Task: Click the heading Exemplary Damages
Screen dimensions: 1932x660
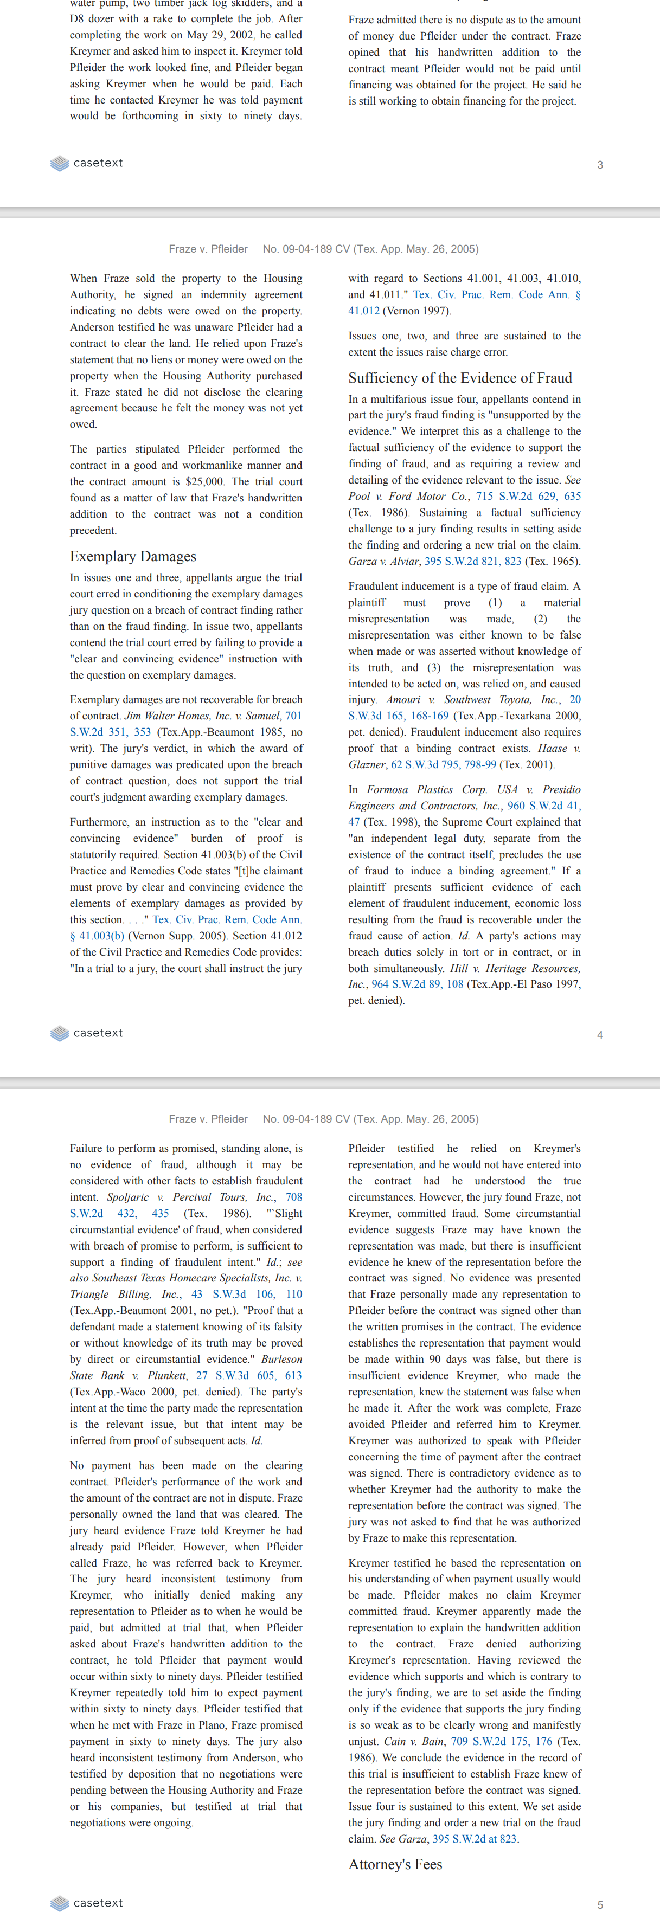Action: pos(133,556)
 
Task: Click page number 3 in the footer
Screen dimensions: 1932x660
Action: pos(599,165)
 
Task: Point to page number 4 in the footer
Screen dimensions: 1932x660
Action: pos(599,1034)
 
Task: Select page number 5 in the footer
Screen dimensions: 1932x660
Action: pos(599,1904)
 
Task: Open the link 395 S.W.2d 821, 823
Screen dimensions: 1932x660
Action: pos(472,561)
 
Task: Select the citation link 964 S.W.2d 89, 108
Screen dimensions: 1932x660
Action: pos(417,984)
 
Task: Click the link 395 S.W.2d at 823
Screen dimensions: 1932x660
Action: pos(474,1838)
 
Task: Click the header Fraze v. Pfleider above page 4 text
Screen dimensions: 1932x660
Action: pos(208,249)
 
